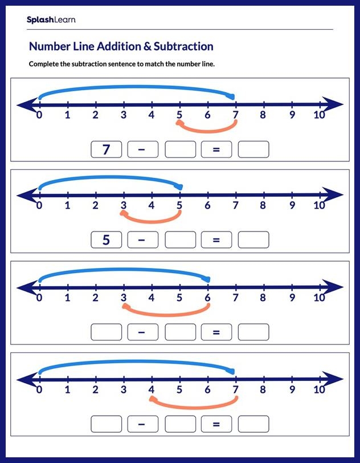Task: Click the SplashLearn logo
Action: point(51,20)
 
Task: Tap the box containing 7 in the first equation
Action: point(106,149)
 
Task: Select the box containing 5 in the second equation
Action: point(106,240)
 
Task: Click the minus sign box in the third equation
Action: point(143,331)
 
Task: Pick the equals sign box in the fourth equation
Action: point(216,424)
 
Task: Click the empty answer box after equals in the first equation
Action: point(253,149)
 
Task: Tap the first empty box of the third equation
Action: point(106,331)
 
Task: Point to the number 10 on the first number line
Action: point(319,115)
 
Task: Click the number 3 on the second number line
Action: point(124,206)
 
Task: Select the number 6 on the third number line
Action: point(207,297)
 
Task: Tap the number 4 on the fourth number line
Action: point(152,390)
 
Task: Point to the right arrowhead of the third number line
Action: point(335,287)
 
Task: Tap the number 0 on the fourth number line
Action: point(39,390)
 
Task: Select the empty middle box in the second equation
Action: point(180,240)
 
